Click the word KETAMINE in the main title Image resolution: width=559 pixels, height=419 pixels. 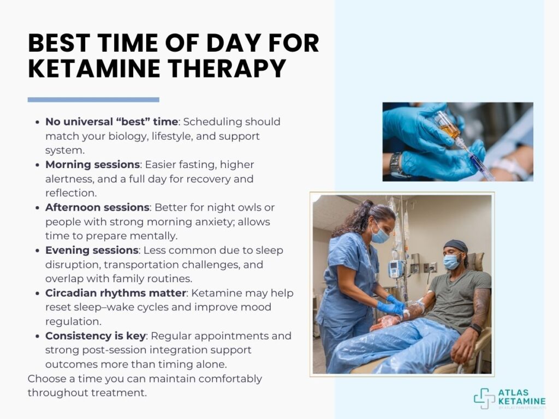pos(94,68)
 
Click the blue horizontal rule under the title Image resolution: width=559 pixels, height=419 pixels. pos(93,100)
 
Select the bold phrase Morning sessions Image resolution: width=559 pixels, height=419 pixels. pos(92,165)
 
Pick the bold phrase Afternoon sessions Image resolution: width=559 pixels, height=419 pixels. pos(97,207)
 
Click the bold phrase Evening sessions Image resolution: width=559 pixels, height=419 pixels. pos(92,250)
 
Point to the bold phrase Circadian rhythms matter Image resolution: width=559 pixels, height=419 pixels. pos(116,293)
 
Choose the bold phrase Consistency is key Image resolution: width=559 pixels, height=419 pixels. pos(95,336)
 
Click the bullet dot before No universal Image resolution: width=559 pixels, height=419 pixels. pos(38,122)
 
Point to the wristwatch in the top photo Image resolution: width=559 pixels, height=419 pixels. pos(396,165)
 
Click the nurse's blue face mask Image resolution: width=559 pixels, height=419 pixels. pos(379,235)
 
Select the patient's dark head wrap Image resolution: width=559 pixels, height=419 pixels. pos(456,246)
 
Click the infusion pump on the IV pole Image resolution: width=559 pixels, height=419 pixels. pos(395,268)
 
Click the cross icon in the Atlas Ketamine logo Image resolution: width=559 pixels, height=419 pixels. pos(484,398)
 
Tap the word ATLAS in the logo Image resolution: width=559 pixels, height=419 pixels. pos(513,393)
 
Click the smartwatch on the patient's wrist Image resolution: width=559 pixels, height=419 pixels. pos(475,328)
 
